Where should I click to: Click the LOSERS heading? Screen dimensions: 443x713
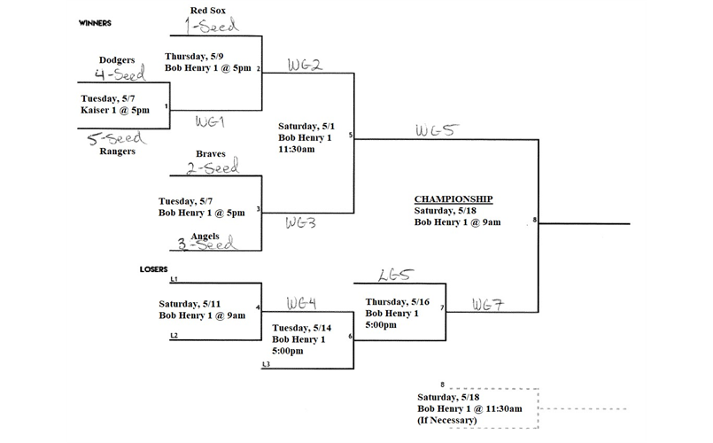[154, 268]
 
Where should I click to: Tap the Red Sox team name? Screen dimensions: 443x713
[210, 10]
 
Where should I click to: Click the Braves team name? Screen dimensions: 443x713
[211, 153]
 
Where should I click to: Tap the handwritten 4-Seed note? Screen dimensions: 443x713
[119, 74]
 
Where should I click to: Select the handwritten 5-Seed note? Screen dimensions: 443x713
[118, 139]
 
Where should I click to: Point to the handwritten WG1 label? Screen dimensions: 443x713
[211, 120]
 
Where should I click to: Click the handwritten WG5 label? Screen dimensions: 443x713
[436, 130]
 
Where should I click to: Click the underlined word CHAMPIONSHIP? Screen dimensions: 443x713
[453, 198]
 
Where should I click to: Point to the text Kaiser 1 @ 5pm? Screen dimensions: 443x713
[115, 110]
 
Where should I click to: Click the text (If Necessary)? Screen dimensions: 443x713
[447, 420]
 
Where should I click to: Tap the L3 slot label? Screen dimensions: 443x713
[266, 364]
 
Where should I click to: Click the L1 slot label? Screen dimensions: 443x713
[174, 279]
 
